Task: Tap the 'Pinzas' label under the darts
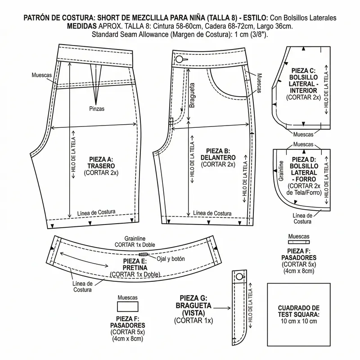coord(97,108)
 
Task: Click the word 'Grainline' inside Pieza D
coord(281,171)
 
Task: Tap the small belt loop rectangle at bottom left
coord(127,307)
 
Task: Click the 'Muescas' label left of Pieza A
coord(41,75)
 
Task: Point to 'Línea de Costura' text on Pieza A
coord(96,212)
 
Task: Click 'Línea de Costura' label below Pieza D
coord(303,218)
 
